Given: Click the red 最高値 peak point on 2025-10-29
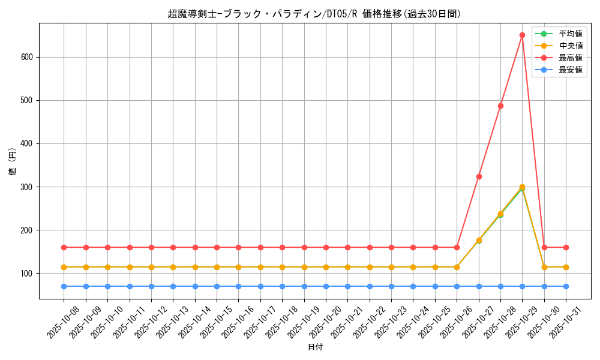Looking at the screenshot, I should (522, 35).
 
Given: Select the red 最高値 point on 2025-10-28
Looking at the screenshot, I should (500, 106).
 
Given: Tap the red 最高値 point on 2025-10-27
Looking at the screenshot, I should (479, 176).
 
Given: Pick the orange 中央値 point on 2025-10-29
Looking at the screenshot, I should (522, 187).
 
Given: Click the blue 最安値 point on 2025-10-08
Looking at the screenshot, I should (64, 286).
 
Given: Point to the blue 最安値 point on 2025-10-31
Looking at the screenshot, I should (566, 286).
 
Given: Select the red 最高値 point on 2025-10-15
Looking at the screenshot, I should (217, 247).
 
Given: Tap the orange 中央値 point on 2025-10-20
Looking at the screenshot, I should (326, 267).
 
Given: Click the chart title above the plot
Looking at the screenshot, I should (314, 14).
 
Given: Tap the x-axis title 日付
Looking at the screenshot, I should (314, 347).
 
